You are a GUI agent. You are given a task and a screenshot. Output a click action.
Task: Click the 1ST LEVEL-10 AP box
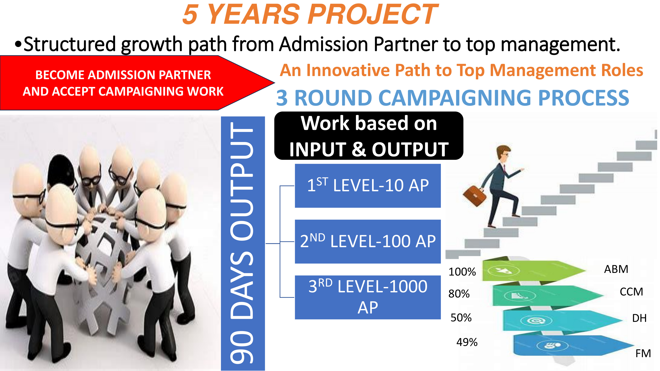pyautogui.click(x=368, y=186)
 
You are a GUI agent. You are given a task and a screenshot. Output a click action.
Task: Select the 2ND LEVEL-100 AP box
pyautogui.click(x=368, y=241)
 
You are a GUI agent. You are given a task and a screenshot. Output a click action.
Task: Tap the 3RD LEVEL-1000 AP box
pyautogui.click(x=368, y=297)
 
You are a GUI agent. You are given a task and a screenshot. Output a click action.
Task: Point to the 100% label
pyautogui.click(x=462, y=272)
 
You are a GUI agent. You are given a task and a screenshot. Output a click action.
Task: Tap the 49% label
pyautogui.click(x=467, y=342)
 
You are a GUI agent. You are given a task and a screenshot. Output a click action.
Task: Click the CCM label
pyautogui.click(x=631, y=292)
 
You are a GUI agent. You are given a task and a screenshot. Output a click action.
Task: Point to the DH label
pyautogui.click(x=639, y=318)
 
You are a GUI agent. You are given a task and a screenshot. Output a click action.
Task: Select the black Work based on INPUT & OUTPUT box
pyautogui.click(x=368, y=136)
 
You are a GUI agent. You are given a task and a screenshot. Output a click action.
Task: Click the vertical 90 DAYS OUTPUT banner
pyautogui.click(x=242, y=243)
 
